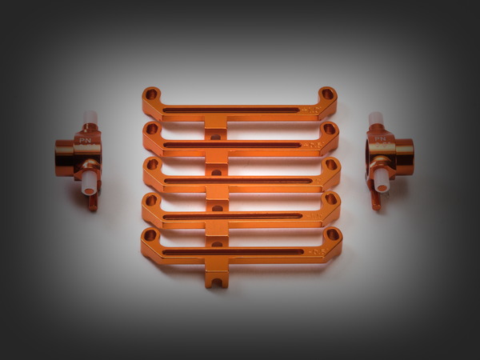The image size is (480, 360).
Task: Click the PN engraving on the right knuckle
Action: [380, 138]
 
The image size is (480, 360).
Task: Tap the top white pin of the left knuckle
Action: [90, 120]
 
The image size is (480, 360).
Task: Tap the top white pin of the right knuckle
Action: [375, 120]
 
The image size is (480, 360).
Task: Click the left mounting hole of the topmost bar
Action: [152, 94]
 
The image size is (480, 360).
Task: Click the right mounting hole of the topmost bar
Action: [326, 94]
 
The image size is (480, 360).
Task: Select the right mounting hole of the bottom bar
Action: [331, 236]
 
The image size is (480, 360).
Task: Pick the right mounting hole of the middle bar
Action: [330, 164]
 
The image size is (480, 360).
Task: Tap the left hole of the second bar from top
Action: [151, 128]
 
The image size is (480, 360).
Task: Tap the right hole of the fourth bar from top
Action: [331, 199]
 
